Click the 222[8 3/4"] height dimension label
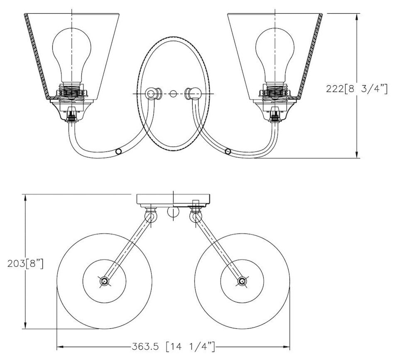pyautogui.click(x=356, y=89)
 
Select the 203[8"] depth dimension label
pyautogui.click(x=25, y=264)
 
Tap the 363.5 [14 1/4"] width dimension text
pyautogui.click(x=173, y=346)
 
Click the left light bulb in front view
pyautogui.click(x=72, y=55)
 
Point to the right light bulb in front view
pyautogui.click(x=275, y=55)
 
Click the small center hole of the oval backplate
pyautogui.click(x=173, y=94)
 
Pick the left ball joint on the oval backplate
pyautogui.click(x=153, y=94)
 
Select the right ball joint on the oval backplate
pyautogui.click(x=194, y=94)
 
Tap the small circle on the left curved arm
pyautogui.click(x=118, y=152)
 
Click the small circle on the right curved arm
pyautogui.click(x=228, y=152)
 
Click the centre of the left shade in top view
pyautogui.click(x=104, y=281)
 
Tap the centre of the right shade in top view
pyautogui.click(x=242, y=281)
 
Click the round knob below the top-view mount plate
pyautogui.click(x=173, y=212)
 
